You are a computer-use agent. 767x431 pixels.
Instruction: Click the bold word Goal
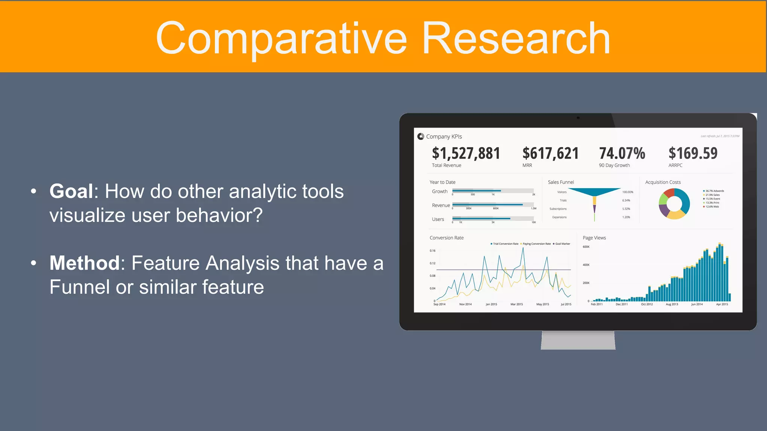click(71, 191)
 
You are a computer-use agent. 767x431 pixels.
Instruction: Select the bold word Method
click(85, 263)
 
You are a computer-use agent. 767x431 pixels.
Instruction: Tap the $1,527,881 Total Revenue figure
click(466, 153)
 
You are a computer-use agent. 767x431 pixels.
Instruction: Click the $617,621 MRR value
click(551, 153)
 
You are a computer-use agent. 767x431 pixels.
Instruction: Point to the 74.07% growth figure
click(622, 153)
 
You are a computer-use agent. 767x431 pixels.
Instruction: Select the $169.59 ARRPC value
click(693, 153)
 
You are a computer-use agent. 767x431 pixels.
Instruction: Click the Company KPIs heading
click(444, 137)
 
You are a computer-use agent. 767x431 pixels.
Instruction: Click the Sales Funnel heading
click(561, 182)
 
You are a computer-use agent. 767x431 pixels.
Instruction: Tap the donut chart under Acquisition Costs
click(674, 204)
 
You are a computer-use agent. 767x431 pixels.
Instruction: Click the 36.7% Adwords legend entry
click(714, 191)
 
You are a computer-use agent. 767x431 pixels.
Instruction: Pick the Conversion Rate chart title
click(446, 238)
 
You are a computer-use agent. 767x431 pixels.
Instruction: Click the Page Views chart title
click(594, 238)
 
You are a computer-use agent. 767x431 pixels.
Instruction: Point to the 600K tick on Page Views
click(586, 247)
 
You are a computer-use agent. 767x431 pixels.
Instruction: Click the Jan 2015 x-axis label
click(491, 305)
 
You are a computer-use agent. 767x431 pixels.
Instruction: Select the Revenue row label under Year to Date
click(441, 205)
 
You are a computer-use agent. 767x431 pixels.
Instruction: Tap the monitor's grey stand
click(578, 340)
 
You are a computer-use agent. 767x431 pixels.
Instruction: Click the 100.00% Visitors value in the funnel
click(628, 192)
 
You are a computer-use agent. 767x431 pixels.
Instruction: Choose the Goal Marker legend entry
click(562, 244)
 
